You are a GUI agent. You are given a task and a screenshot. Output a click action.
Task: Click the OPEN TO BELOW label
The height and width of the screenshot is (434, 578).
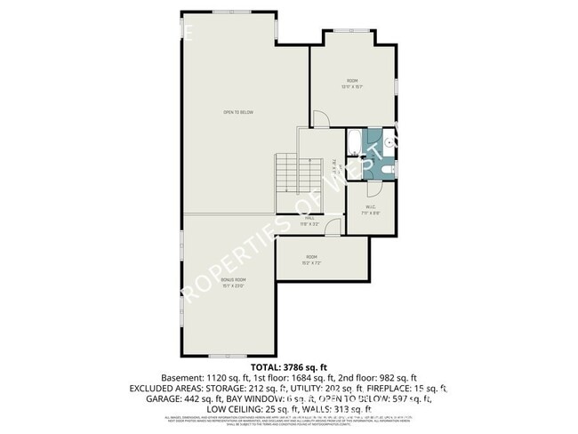[x=239, y=113]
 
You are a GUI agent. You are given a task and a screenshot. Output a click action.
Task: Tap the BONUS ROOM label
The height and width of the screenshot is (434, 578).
[x=233, y=280]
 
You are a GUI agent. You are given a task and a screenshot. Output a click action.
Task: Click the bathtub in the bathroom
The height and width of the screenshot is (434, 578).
[x=354, y=143]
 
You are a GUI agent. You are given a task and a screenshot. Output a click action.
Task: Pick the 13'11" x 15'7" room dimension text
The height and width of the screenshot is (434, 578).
[x=353, y=86]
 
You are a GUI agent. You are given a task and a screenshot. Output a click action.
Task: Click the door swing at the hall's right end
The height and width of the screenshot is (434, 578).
[x=333, y=229]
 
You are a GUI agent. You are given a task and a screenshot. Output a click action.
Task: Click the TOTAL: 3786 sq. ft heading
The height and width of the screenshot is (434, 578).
[x=290, y=366]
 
